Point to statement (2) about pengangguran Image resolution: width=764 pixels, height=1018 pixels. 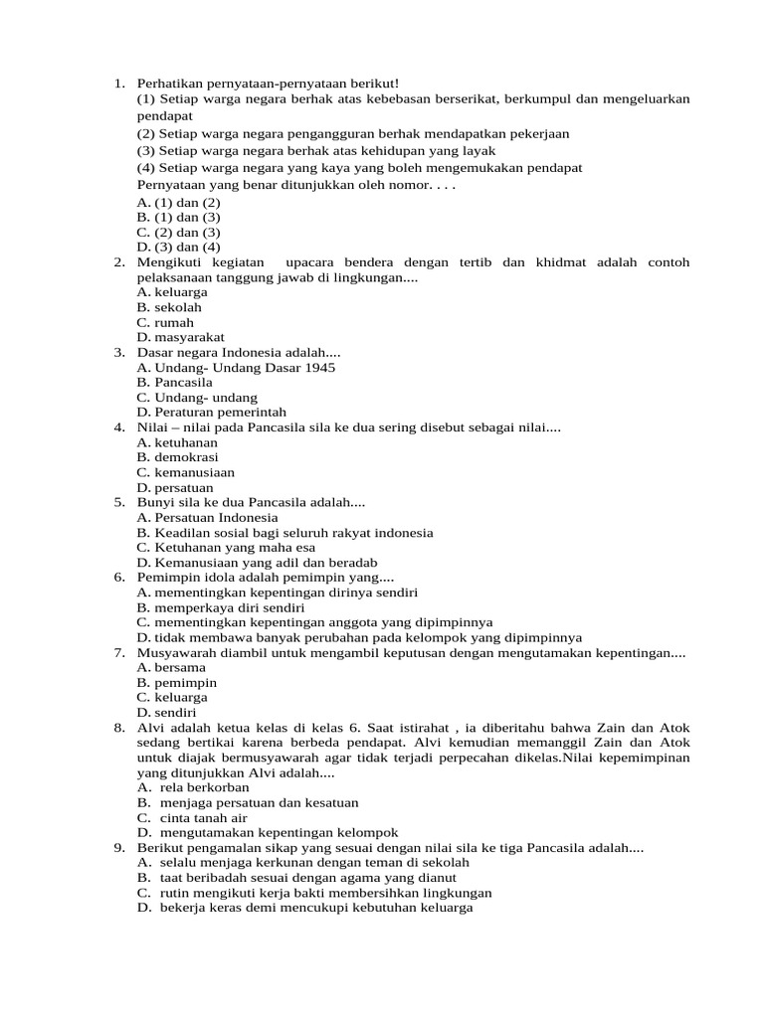coord(353,133)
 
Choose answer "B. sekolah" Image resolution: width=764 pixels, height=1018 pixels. coord(169,307)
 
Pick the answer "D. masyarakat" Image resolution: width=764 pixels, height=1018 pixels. coord(181,337)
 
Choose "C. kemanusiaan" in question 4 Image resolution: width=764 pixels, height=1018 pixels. coord(186,472)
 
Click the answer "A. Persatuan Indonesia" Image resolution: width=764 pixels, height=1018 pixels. coord(208,517)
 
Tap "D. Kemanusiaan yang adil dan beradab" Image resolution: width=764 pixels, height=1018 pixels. coord(257,563)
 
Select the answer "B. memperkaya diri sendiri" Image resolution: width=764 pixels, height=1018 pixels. coord(221,607)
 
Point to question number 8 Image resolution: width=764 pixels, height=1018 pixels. coord(118,728)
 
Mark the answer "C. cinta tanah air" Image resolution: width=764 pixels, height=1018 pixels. coord(192,817)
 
